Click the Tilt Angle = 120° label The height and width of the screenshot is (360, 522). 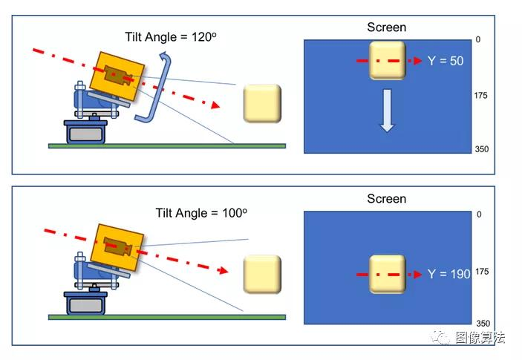(x=171, y=36)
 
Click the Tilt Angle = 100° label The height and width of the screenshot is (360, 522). (x=201, y=213)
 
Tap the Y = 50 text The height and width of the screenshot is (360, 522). (x=446, y=61)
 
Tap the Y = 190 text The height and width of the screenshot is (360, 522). (x=448, y=274)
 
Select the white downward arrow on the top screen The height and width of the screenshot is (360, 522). (x=387, y=111)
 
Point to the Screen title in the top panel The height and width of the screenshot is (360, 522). (x=387, y=27)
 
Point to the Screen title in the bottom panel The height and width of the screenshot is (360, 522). (x=387, y=199)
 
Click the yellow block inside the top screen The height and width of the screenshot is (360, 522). (x=387, y=60)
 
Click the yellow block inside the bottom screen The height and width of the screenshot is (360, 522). (x=387, y=274)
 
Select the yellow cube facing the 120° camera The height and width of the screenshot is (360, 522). (x=262, y=103)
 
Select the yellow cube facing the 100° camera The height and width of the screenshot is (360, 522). (x=262, y=274)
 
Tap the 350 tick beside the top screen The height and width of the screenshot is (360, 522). (x=482, y=149)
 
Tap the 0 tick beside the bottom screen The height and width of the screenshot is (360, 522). (x=479, y=215)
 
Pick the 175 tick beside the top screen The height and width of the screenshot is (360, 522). (x=480, y=96)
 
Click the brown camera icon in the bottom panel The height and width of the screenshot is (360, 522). (x=117, y=246)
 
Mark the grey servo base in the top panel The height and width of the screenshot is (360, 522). (x=85, y=132)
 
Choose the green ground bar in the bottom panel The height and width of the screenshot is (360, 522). (x=167, y=318)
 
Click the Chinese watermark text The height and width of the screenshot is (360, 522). (x=480, y=338)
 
